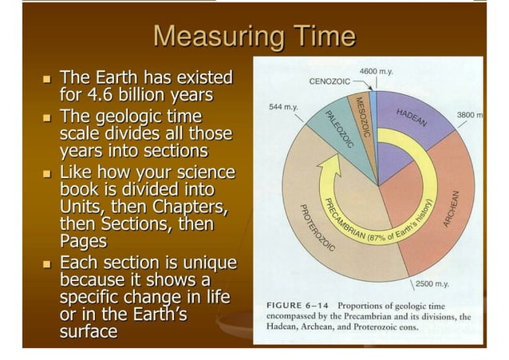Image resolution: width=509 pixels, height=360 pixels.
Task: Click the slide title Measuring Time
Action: click(254, 37)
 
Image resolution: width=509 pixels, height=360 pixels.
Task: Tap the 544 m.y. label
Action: click(285, 106)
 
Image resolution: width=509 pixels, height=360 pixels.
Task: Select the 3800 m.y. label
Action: click(471, 115)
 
